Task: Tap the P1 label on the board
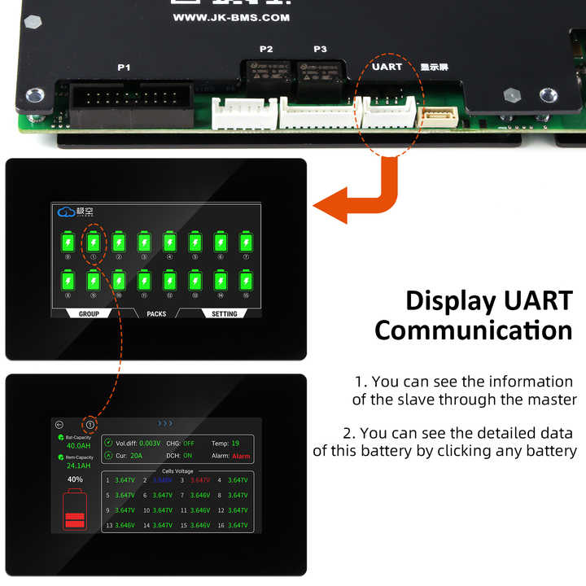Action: [x=124, y=68]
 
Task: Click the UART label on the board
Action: [x=387, y=67]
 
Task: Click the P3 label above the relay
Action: [x=320, y=50]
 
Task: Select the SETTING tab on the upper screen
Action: [x=225, y=313]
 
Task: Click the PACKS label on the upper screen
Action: [x=156, y=313]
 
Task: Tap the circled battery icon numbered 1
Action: [x=94, y=243]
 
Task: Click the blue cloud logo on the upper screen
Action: [x=66, y=212]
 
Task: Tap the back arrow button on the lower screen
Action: [x=59, y=424]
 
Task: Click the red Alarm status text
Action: [x=241, y=457]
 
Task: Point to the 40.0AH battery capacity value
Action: [x=79, y=446]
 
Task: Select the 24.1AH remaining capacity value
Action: [x=79, y=466]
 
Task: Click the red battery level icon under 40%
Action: [x=75, y=509]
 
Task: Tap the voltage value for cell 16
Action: [x=238, y=525]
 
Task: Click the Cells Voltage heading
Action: [x=177, y=470]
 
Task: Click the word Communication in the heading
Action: [x=473, y=330]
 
